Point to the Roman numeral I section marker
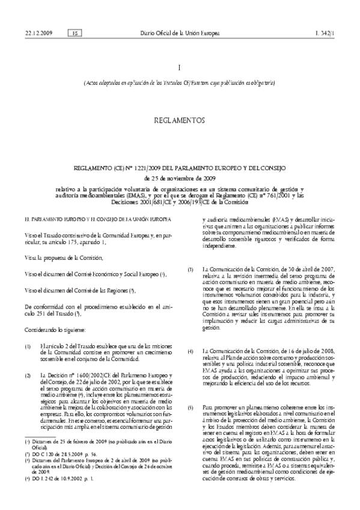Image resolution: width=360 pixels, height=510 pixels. [180, 69]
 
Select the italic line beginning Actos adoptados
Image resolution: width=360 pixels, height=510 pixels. [180, 82]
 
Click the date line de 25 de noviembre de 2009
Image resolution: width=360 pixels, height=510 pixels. [180, 178]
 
